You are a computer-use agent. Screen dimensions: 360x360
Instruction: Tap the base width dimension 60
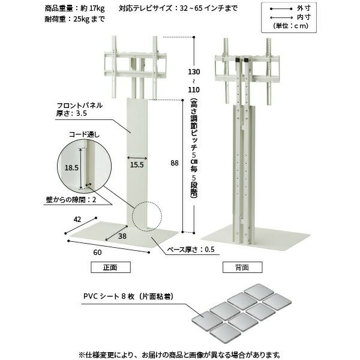coord(97,253)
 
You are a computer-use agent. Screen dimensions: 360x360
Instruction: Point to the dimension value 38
coord(122,236)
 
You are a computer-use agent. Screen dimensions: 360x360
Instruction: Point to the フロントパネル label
coord(80,104)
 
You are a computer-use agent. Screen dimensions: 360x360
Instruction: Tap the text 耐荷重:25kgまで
coord(74,19)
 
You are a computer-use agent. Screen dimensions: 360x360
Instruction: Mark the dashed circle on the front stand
coord(147,216)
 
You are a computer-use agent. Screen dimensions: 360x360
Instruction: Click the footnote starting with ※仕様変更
coord(179,354)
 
